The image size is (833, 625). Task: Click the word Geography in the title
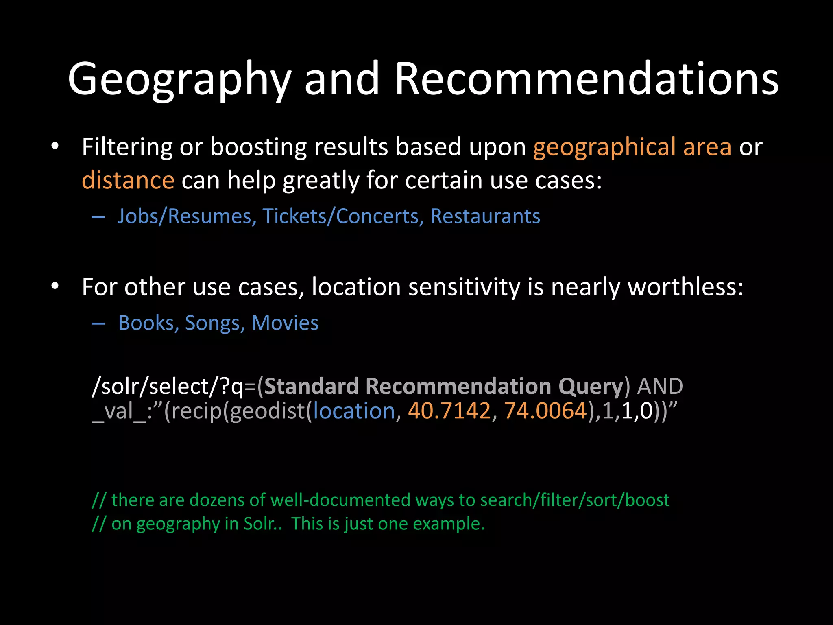(x=179, y=79)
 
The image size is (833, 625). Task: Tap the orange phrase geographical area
(x=632, y=147)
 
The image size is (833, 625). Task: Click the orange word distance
(x=128, y=180)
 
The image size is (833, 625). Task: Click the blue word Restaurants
(x=485, y=216)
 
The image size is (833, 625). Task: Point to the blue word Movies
(x=285, y=323)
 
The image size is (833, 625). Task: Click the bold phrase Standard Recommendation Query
(x=443, y=386)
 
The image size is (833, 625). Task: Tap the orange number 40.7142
(x=449, y=411)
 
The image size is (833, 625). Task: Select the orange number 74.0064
(x=545, y=411)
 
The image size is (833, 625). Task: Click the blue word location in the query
(x=354, y=411)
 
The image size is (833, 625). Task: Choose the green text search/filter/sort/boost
(x=575, y=500)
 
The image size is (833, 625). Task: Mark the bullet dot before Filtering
(x=55, y=146)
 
